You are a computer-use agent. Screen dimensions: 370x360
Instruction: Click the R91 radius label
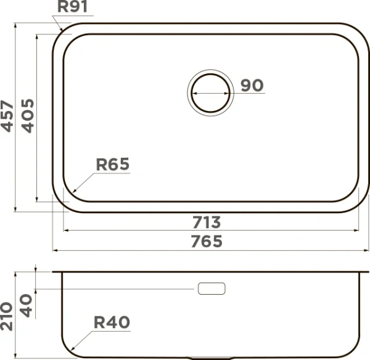[x=72, y=6]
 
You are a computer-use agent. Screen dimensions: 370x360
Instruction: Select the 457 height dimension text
[x=7, y=116]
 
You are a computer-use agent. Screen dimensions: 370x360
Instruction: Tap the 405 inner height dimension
[x=28, y=116]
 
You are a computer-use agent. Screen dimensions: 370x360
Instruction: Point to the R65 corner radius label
[x=113, y=164]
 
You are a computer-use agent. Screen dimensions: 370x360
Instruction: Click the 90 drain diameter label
[x=252, y=86]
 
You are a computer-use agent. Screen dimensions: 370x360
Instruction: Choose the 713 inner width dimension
[x=207, y=223]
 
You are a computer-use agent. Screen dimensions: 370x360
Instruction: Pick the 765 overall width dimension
[x=207, y=241]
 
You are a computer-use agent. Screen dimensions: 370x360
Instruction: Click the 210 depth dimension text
[x=6, y=316]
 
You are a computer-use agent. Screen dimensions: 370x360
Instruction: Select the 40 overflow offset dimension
[x=26, y=306]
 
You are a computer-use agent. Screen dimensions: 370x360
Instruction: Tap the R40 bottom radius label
[x=112, y=322]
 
